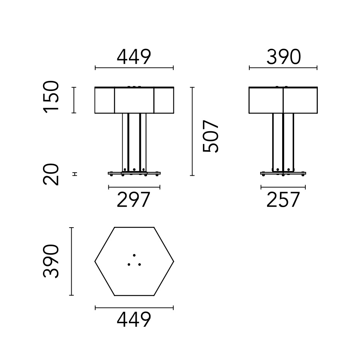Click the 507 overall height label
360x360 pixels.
pos(211,136)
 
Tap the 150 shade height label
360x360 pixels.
pos(51,97)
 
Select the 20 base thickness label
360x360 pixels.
pos(51,175)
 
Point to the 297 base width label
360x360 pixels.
pos(134,200)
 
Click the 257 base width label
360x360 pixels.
pos(283,200)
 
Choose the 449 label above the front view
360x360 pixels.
pos(134,58)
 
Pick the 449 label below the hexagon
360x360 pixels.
pos(134,320)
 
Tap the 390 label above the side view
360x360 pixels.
pos(283,58)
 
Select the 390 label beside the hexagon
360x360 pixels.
pos(51,261)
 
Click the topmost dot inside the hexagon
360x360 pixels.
pos(134,255)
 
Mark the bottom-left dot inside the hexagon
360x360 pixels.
pos(129,264)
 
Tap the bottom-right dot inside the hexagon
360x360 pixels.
pos(139,264)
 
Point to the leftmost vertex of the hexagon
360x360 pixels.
pos(95,262)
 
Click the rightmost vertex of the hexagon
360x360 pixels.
pos(173,262)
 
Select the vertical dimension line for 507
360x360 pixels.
pos(192,132)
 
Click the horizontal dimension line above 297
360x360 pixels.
pos(134,187)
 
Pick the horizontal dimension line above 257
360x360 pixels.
pos(283,187)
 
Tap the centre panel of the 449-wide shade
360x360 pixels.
pos(134,101)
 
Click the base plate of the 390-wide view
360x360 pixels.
pos(283,173)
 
